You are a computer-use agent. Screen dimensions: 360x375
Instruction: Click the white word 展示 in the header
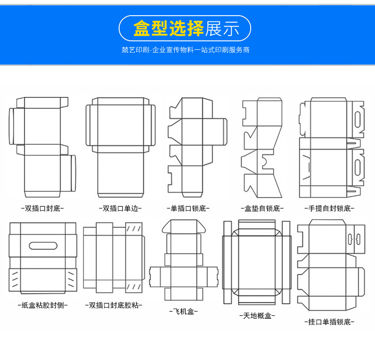pos(222,28)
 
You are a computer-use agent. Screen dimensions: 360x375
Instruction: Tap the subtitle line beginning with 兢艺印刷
pos(186,49)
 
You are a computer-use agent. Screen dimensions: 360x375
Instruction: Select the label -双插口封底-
pos(42,208)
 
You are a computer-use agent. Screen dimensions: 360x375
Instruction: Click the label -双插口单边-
pos(120,208)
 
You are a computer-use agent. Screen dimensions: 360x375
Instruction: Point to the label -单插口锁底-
pos(188,208)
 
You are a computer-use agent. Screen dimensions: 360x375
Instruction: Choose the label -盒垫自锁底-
pos(262,208)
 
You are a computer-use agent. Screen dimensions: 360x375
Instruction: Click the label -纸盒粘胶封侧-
pos(42,305)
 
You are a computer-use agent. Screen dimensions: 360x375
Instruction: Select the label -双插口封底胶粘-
pos(113,305)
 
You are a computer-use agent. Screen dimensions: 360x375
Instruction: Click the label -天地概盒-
pos(257,315)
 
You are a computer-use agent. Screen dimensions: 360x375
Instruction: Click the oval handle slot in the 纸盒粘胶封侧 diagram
pos(43,246)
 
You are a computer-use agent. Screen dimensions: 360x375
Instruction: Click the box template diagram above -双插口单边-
pos(120,147)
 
